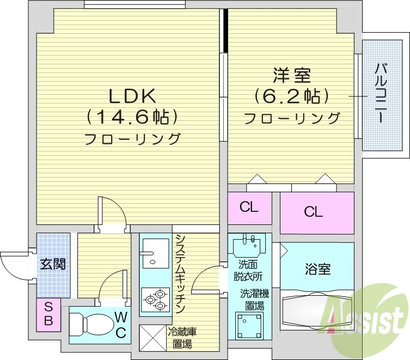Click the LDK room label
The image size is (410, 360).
[133, 96]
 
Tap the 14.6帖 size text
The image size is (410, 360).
[133, 117]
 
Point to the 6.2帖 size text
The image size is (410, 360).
[291, 97]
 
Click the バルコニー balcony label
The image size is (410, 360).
[381, 93]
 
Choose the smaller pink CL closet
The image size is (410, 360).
[249, 208]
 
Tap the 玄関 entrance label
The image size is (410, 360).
[53, 265]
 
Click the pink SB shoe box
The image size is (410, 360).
[48, 314]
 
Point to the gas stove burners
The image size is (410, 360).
[154, 298]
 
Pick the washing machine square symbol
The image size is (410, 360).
[249, 325]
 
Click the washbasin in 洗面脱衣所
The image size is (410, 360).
[249, 245]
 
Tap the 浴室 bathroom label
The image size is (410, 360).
[317, 269]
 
